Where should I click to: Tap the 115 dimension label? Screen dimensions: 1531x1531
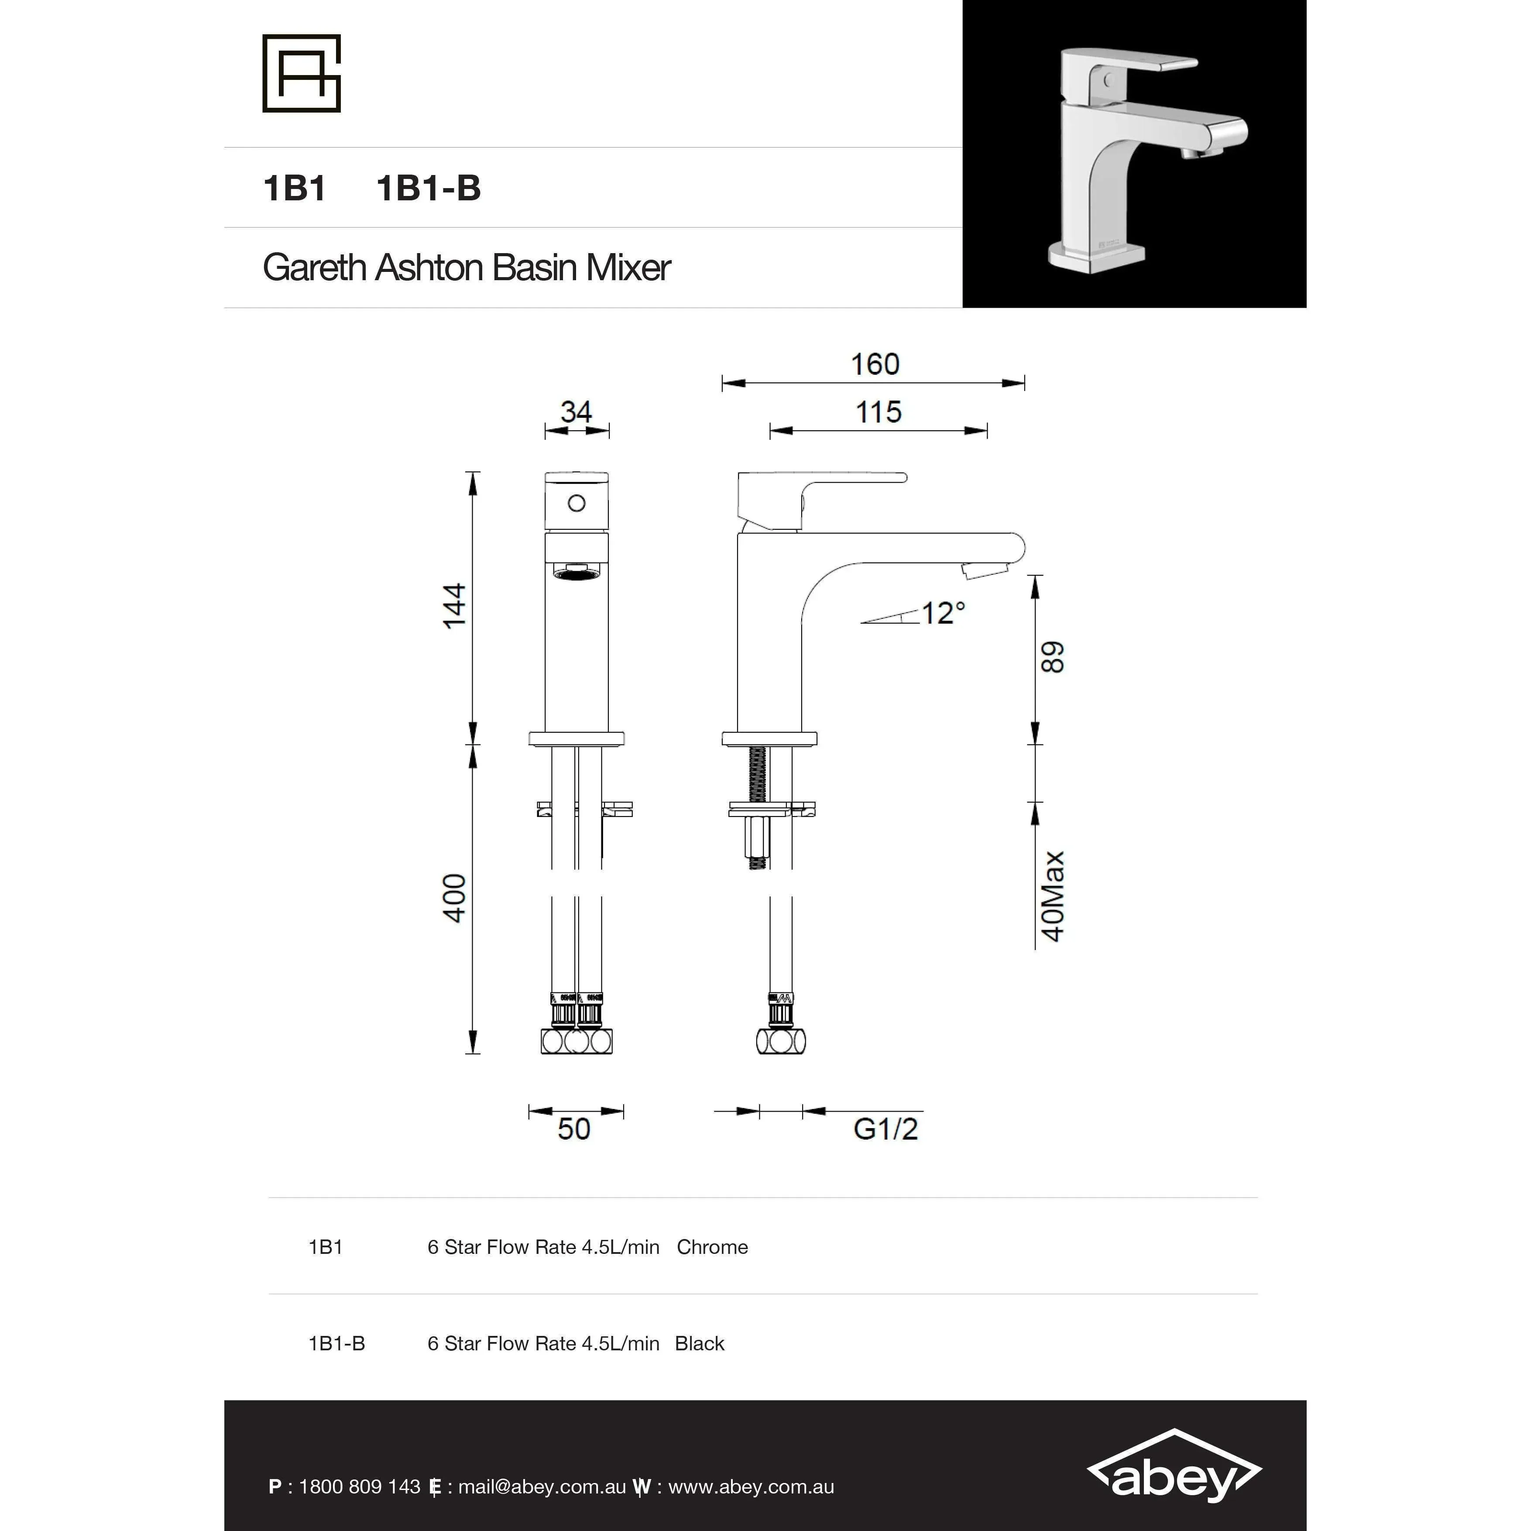click(x=878, y=412)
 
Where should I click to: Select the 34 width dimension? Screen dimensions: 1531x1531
click(x=576, y=412)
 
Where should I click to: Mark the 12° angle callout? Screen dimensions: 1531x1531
click(x=943, y=613)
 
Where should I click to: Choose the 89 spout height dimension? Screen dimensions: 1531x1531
click(x=1052, y=658)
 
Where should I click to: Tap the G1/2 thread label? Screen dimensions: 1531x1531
click(x=885, y=1129)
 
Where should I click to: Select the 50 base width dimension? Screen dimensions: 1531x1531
click(x=574, y=1129)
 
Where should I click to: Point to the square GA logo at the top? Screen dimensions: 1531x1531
click(x=301, y=73)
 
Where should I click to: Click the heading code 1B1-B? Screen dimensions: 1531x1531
click(x=428, y=189)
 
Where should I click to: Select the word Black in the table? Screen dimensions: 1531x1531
click(x=699, y=1344)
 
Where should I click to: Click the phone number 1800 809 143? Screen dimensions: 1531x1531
click(x=359, y=1486)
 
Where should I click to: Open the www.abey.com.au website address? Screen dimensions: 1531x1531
click(x=751, y=1486)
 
